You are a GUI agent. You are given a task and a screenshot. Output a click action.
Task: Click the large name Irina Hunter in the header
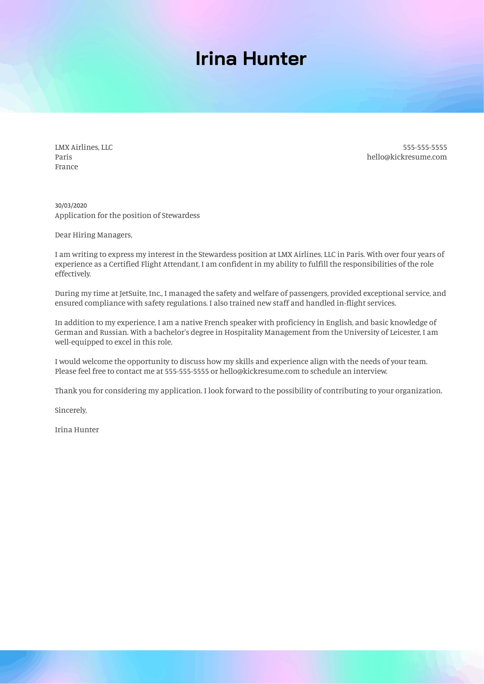(x=251, y=59)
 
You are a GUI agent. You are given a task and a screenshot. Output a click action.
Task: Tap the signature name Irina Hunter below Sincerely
(x=77, y=430)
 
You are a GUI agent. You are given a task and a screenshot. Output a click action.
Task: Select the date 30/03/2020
(x=71, y=206)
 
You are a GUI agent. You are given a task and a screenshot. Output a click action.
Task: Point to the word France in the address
(x=66, y=167)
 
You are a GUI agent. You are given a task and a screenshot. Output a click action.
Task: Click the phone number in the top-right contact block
(x=425, y=147)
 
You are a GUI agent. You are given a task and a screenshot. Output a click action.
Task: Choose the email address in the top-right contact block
(x=407, y=157)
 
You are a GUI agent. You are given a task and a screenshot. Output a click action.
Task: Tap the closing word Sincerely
(x=71, y=410)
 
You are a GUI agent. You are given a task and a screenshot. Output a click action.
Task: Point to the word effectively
(x=73, y=274)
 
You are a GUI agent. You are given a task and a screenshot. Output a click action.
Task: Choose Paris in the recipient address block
(x=63, y=157)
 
